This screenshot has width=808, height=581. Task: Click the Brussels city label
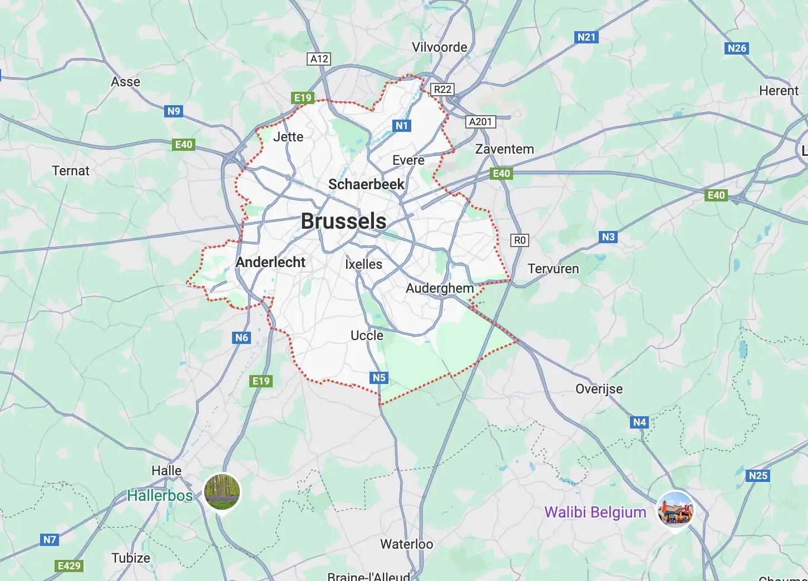pos(343,221)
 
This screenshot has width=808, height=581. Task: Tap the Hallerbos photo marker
pos(222,491)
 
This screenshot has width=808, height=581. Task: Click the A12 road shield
pos(319,59)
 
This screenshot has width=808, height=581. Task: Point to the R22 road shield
pos(442,90)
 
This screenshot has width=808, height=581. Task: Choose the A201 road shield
pos(480,122)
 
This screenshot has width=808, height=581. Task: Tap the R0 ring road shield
pos(519,240)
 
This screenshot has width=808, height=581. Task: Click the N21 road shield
pos(586,37)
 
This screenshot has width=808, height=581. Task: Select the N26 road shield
pos(737,48)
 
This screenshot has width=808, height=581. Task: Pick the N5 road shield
pos(379,378)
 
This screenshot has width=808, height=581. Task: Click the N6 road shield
pos(242,338)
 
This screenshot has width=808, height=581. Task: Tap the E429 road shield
pos(69,566)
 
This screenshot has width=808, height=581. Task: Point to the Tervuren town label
pos(553,269)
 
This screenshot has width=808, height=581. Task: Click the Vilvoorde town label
pos(440,47)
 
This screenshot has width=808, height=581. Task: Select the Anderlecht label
pos(270,262)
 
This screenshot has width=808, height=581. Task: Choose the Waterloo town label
pos(406,544)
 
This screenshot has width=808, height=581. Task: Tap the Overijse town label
pos(599,389)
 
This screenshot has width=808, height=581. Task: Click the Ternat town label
pos(71,171)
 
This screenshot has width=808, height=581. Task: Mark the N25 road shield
pos(758,476)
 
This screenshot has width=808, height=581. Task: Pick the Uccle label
pos(367,336)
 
